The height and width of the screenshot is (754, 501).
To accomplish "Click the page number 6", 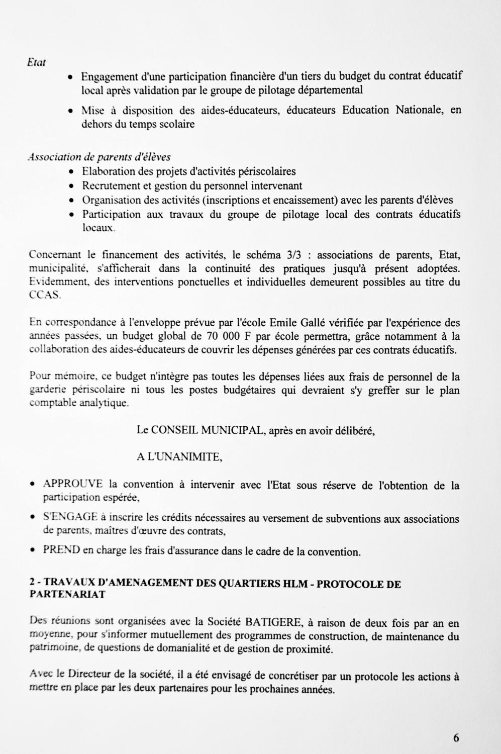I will (x=456, y=738).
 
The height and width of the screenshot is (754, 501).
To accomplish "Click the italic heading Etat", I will (x=37, y=63).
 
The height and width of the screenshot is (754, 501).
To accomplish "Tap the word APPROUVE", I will (x=73, y=484).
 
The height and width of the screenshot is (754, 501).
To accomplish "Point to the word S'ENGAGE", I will (x=70, y=517).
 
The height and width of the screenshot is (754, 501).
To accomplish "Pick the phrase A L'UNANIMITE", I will (x=179, y=457).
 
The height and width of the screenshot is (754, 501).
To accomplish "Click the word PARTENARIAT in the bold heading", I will (x=68, y=594).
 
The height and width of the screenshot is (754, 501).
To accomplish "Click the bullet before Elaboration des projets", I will (x=72, y=171).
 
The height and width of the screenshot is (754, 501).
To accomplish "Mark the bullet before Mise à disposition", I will (x=71, y=111).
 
